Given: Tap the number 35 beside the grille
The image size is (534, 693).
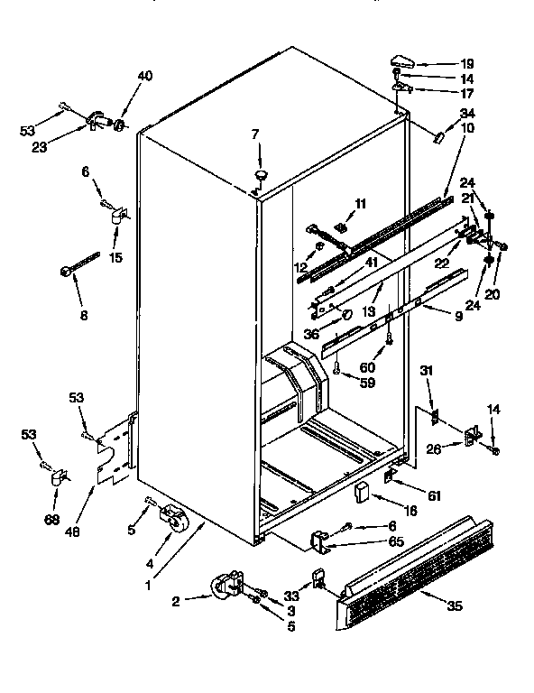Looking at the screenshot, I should (454, 605).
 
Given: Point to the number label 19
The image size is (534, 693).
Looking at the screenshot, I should (466, 64).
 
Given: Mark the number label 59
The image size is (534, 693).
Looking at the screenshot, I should (367, 383).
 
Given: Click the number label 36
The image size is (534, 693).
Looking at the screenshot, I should (313, 335).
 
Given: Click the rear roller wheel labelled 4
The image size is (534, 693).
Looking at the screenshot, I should (171, 519).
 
